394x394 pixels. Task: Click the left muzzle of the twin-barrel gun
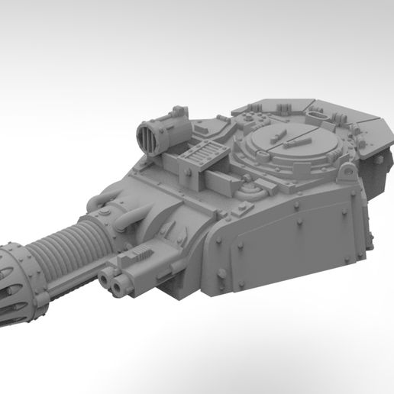[x=108, y=283]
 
